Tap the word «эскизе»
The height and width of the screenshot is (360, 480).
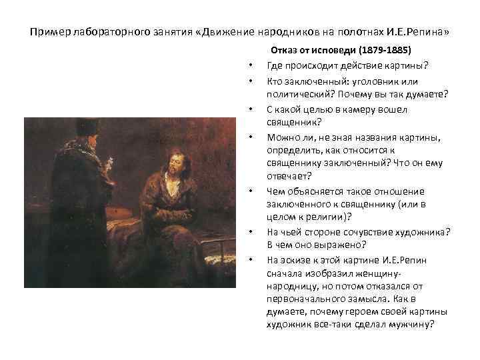tap(297, 259)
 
